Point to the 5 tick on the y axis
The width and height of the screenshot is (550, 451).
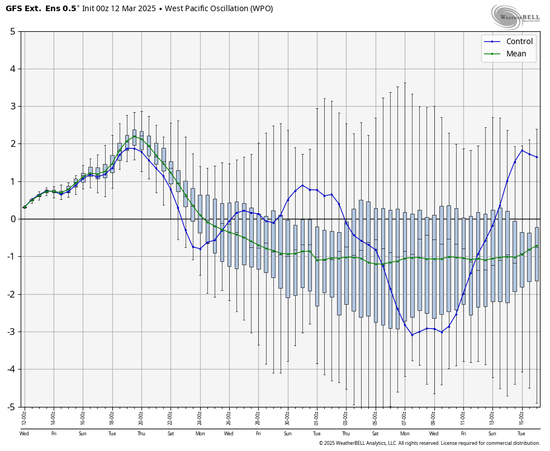tap(12, 31)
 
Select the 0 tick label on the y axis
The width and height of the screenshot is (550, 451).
tap(12, 219)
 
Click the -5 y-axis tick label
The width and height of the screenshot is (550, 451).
tap(11, 407)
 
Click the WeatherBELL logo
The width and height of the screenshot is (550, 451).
tap(515, 16)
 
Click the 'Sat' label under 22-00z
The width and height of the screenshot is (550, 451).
tap(170, 434)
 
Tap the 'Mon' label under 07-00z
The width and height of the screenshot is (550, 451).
tap(405, 434)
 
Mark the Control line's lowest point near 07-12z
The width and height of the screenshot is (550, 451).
tap(412, 335)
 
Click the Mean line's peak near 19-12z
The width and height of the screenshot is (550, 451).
tap(134, 136)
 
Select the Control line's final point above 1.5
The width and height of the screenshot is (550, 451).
tap(537, 157)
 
